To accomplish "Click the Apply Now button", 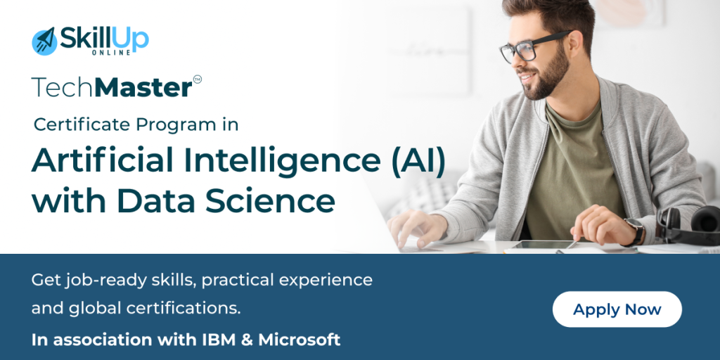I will pos(617,309).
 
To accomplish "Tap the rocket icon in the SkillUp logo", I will pos(44,41).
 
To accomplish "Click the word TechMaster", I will pos(111,88).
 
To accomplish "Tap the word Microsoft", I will pos(300,340).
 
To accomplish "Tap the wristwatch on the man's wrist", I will pos(635,231).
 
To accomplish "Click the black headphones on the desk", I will pos(693,224).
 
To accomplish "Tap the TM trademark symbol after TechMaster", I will pos(197,79).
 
